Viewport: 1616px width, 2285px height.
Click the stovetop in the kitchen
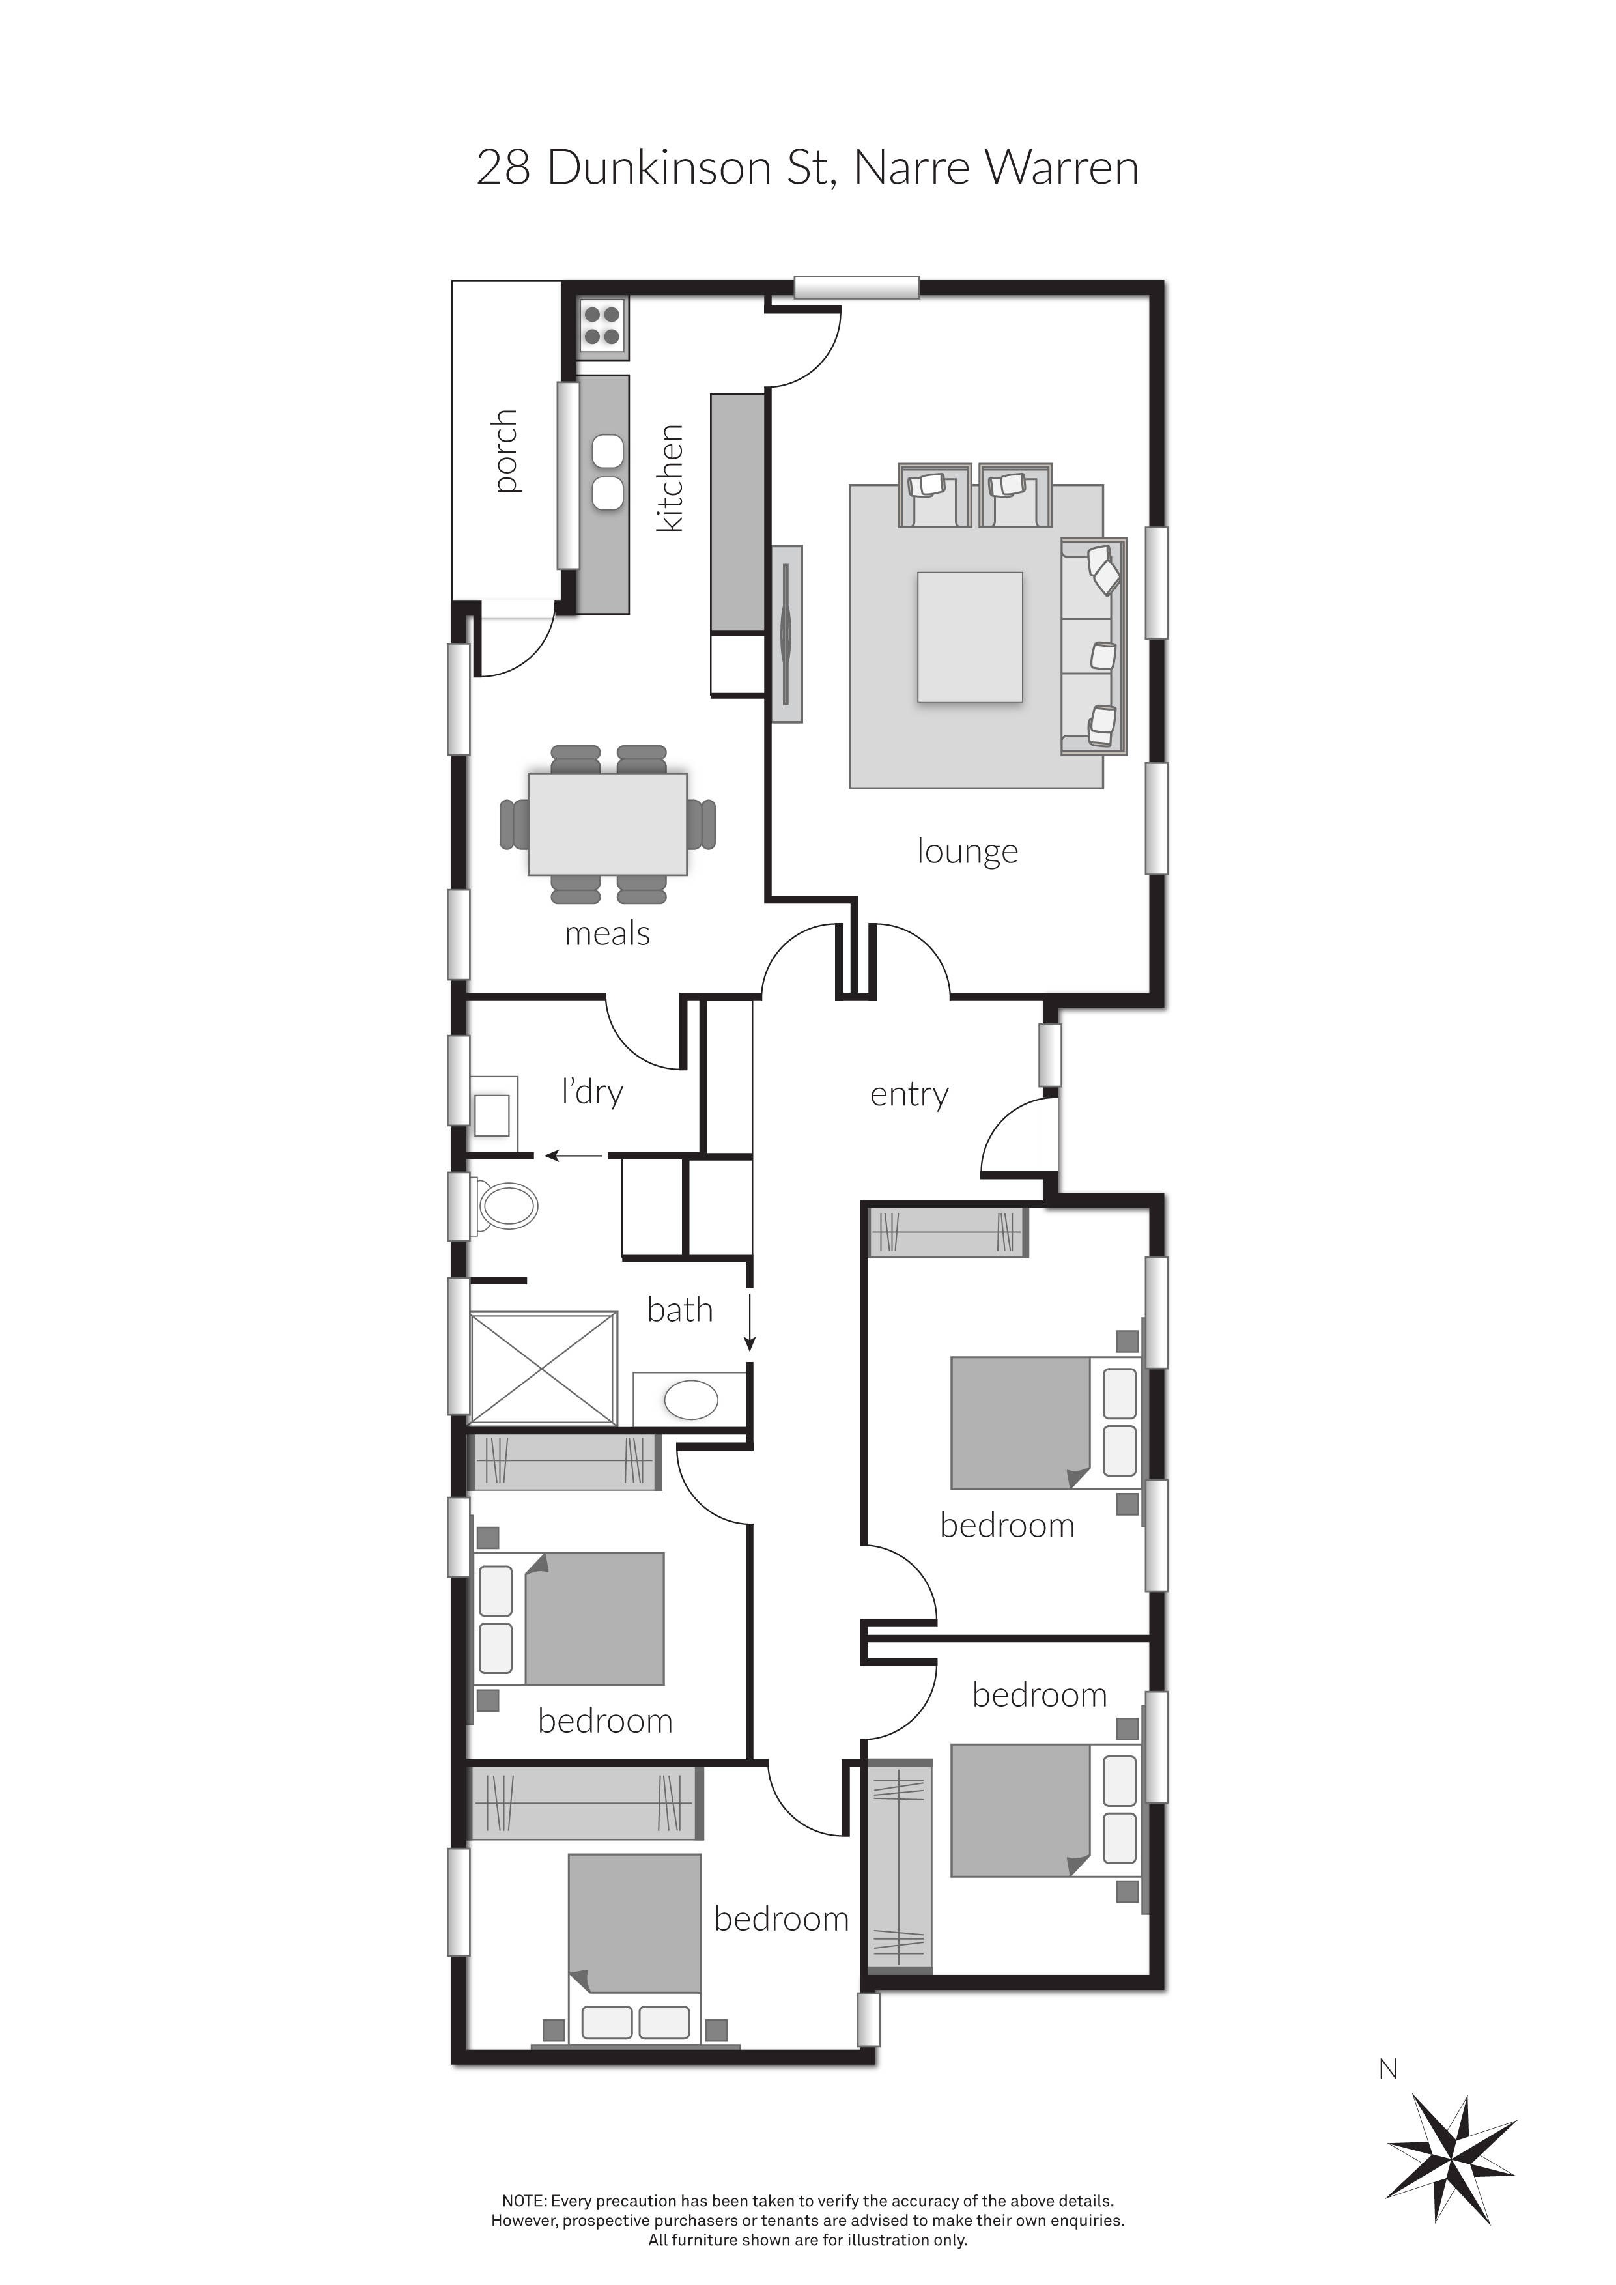(x=602, y=326)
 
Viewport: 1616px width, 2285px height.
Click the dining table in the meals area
(x=607, y=824)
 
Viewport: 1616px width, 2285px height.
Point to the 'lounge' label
(x=967, y=852)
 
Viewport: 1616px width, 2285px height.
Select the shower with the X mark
(x=543, y=1367)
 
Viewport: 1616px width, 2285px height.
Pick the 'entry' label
(x=909, y=1095)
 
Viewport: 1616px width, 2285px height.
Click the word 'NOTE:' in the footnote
(x=524, y=2200)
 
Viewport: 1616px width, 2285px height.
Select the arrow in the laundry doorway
(x=573, y=1156)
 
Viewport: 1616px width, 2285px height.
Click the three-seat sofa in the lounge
(x=1094, y=646)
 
